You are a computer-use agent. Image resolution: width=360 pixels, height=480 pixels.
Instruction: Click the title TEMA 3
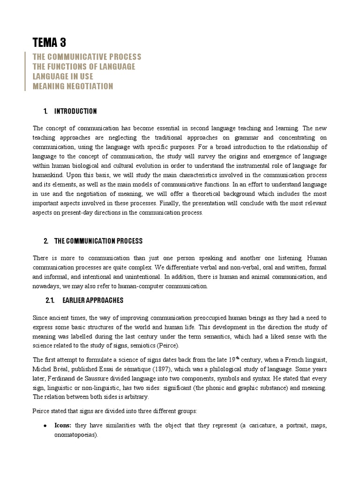(49, 43)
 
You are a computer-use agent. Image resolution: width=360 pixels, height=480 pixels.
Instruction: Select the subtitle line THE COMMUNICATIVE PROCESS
(87, 57)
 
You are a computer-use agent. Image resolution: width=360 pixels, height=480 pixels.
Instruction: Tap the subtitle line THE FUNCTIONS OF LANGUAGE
(84, 67)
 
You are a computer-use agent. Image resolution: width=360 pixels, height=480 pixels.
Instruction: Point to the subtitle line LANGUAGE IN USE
(63, 76)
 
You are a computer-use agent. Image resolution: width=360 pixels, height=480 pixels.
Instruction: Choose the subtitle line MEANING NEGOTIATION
(73, 86)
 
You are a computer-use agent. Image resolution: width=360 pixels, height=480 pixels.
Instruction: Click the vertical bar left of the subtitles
(25, 71)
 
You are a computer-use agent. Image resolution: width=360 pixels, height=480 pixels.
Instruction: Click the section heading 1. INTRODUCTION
(70, 111)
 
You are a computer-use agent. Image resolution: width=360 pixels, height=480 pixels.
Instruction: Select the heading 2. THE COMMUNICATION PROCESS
(93, 241)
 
